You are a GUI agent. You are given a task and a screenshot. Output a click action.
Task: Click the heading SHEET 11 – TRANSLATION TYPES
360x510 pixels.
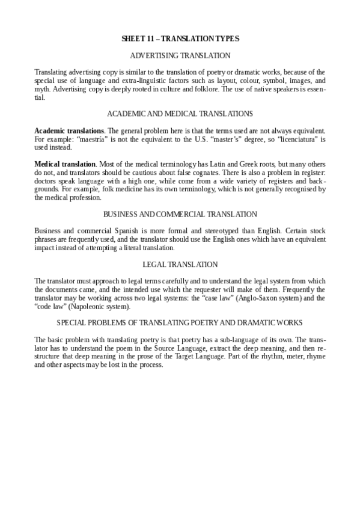coord(180,39)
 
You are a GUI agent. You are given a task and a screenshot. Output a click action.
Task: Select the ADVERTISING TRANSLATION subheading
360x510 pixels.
coord(180,55)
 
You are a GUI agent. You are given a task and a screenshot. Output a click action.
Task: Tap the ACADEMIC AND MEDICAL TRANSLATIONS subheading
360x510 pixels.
coord(180,114)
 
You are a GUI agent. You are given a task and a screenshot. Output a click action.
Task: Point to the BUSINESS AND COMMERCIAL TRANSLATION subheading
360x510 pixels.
coord(180,214)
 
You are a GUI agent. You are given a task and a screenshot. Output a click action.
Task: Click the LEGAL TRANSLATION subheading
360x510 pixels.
coord(180,264)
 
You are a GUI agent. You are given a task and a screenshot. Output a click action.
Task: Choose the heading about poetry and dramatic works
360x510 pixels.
coord(180,322)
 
